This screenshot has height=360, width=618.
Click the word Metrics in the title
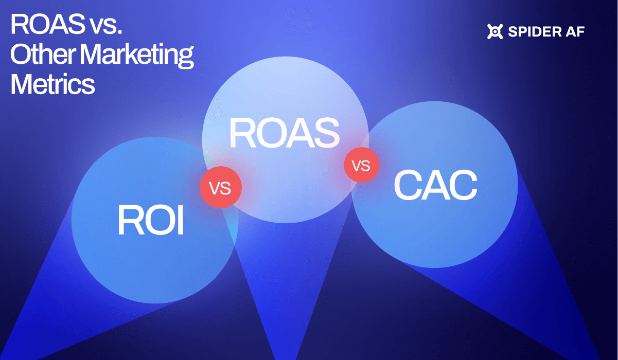[x=52, y=84]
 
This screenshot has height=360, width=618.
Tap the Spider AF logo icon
[x=495, y=32]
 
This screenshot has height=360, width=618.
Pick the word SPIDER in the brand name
[x=533, y=32]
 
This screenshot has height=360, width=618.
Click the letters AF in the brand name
[x=575, y=32]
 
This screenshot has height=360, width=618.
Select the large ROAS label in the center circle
[x=285, y=132]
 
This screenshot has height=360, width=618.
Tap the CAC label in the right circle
[x=435, y=186]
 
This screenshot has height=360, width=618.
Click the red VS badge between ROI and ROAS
[x=220, y=188]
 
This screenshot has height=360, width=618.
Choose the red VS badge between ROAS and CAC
[x=361, y=165]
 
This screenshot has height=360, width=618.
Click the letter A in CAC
[x=435, y=186]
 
